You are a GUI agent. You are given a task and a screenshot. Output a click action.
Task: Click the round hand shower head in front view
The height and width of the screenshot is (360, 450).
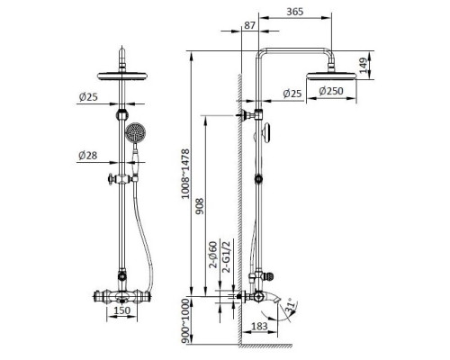[x=137, y=135]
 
